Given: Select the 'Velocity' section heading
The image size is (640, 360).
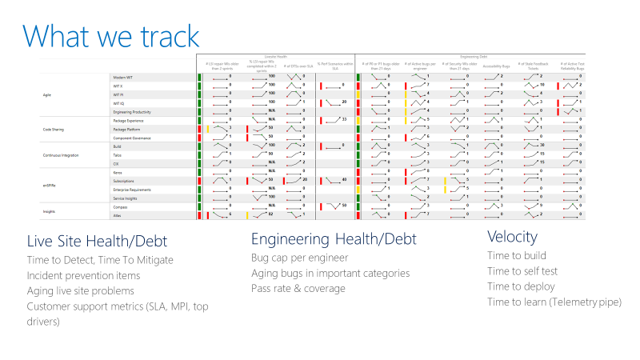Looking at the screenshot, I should point(512,238).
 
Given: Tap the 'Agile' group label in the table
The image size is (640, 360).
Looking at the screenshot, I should point(46,95).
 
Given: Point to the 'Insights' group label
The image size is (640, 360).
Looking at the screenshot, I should point(50,212).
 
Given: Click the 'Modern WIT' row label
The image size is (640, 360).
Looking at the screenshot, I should point(123,77).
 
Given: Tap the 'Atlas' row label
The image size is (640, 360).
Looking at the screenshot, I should point(118,216).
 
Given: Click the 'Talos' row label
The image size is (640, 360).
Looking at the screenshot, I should point(118,154).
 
